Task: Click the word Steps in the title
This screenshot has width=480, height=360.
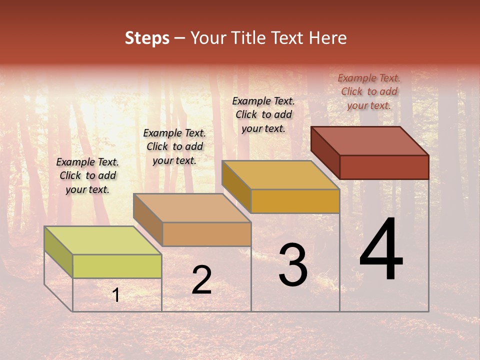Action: (147, 38)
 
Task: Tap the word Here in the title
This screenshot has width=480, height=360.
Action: (327, 38)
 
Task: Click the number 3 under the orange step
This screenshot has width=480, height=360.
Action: (293, 265)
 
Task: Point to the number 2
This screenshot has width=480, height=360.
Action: (201, 280)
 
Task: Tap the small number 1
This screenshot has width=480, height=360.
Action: (116, 295)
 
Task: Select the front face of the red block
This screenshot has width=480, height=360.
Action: (384, 167)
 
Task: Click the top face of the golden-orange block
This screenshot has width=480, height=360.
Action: (280, 175)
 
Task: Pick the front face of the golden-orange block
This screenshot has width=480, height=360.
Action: (295, 201)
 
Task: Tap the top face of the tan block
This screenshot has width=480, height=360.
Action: (192, 208)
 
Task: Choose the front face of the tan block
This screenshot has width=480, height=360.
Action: (206, 234)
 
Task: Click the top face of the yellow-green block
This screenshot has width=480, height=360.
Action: (103, 240)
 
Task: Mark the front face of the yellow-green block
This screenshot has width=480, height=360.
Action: (117, 266)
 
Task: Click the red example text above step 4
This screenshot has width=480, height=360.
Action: (369, 91)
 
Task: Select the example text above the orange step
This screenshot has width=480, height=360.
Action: (263, 114)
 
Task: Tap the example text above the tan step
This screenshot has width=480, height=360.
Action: (174, 146)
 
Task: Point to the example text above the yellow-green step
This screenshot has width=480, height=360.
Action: (87, 175)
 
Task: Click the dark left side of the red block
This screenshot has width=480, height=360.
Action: (325, 152)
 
